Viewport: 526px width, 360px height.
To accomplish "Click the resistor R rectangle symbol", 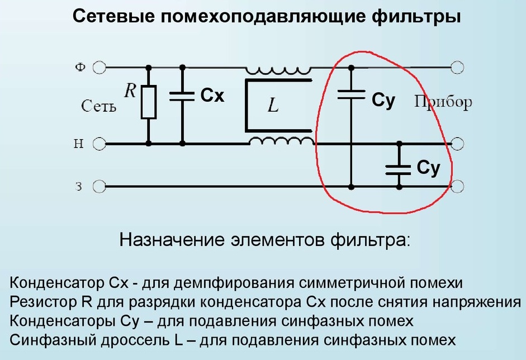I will pyautogui.click(x=148, y=102).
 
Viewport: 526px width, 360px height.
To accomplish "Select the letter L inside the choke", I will pyautogui.click(x=273, y=106).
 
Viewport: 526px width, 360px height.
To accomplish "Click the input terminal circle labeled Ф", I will pyautogui.click(x=99, y=68).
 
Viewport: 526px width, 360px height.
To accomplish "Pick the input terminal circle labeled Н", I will pyautogui.click(x=99, y=144).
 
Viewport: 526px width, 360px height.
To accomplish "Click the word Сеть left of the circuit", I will pyautogui.click(x=98, y=106).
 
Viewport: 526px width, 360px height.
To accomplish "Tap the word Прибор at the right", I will pyautogui.click(x=443, y=102).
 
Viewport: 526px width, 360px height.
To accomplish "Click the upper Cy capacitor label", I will pyautogui.click(x=383, y=101).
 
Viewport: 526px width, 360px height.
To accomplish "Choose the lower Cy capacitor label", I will pyautogui.click(x=428, y=168).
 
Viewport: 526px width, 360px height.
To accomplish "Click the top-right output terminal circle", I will pyautogui.click(x=458, y=68).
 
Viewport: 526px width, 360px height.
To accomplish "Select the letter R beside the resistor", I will pyautogui.click(x=130, y=91).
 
